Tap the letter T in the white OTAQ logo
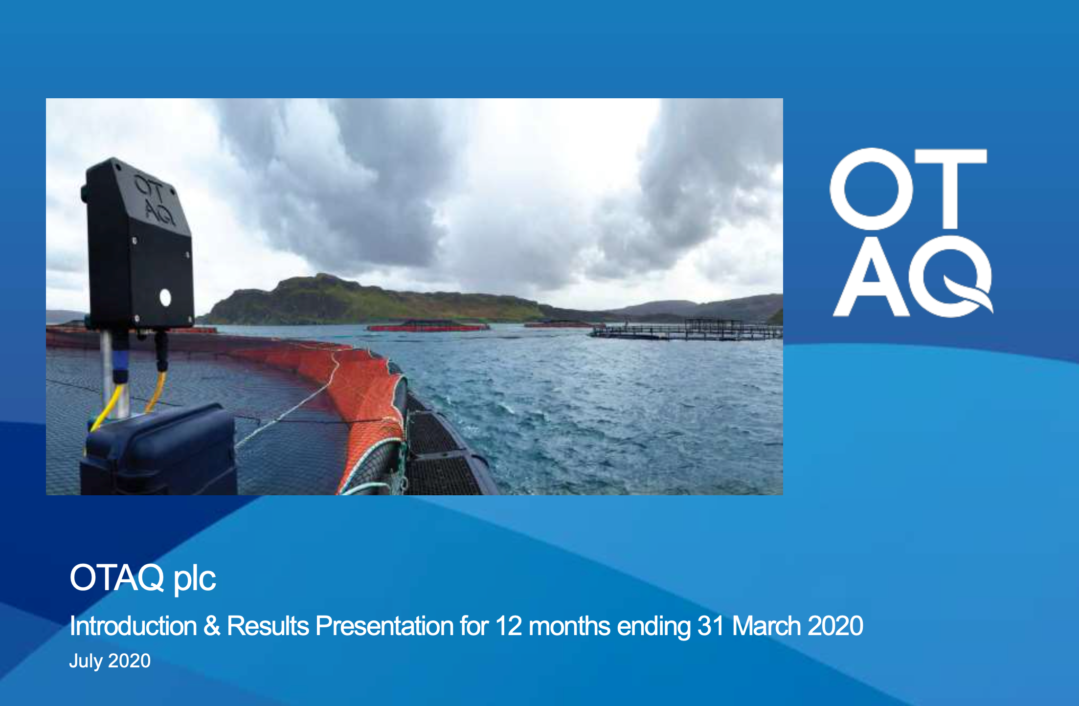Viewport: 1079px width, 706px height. (x=950, y=189)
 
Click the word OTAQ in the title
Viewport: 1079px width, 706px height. (x=117, y=578)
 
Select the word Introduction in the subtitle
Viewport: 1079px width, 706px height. (x=133, y=626)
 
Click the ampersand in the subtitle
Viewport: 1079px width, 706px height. (x=212, y=626)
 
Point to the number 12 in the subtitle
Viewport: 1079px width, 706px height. (x=509, y=626)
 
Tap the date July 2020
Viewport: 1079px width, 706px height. (x=110, y=661)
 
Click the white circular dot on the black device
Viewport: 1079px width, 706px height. (x=165, y=297)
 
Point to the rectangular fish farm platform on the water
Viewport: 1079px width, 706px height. (x=687, y=330)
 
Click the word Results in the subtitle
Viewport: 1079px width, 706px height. (x=268, y=626)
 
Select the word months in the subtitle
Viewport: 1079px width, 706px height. (x=569, y=626)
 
